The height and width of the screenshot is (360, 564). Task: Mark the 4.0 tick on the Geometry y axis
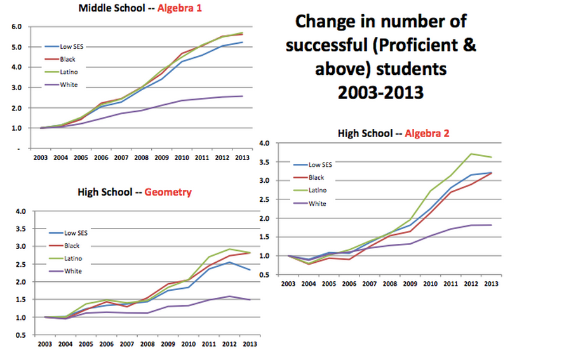(20, 211)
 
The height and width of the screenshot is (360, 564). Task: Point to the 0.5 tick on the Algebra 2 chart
(266, 274)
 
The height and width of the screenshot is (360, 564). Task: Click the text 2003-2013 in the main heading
(380, 92)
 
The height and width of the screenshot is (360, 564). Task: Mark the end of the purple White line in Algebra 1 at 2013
(243, 97)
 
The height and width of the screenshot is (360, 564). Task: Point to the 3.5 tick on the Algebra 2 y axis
(266, 162)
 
